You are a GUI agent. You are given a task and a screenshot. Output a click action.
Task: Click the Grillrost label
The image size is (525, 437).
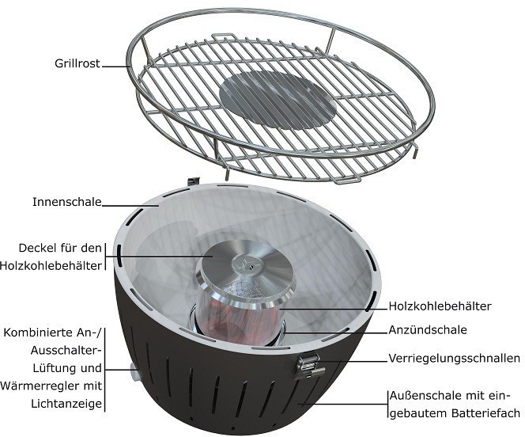(77, 63)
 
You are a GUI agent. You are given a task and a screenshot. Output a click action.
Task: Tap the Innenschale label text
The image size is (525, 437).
(67, 202)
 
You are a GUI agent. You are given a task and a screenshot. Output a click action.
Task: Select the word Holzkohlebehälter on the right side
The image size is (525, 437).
(440, 306)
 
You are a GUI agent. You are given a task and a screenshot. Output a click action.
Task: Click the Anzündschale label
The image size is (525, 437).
(428, 330)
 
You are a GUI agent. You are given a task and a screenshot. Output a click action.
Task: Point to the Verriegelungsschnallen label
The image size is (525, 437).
(455, 359)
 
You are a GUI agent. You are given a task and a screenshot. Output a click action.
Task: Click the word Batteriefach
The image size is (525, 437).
(485, 413)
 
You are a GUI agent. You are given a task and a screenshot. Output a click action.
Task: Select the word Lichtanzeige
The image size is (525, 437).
(66, 404)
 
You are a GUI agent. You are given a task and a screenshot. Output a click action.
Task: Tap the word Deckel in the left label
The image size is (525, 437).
(38, 248)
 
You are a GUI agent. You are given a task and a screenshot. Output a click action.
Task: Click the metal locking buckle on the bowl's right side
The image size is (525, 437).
(309, 367)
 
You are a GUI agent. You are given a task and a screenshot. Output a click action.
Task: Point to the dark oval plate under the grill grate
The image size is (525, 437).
(278, 99)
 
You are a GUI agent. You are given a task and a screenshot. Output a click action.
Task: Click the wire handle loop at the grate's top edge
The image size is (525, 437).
(223, 36)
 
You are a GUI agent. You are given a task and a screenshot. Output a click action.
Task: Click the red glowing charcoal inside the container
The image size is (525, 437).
(234, 320)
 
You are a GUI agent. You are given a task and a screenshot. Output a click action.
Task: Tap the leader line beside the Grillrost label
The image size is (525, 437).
(116, 66)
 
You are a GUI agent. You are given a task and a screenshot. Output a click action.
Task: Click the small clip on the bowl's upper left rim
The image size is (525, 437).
(194, 181)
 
